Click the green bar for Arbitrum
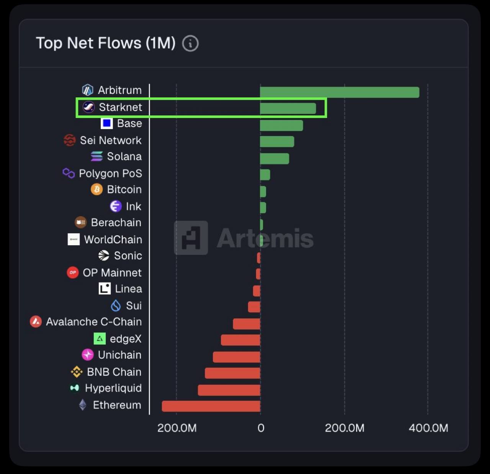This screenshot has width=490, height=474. [x=340, y=92]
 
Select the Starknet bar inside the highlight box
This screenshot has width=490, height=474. [x=288, y=108]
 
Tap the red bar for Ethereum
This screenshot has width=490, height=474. [x=211, y=406]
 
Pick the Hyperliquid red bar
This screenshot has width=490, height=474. [x=229, y=390]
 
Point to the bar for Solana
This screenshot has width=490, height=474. [x=274, y=159]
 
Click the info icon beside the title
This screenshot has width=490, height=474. [x=190, y=43]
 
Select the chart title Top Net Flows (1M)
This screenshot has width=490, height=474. [x=106, y=43]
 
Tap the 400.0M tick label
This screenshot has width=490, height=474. [x=428, y=428]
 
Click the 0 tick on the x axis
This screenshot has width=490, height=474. [x=261, y=428]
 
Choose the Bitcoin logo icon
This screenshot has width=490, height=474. [x=96, y=189]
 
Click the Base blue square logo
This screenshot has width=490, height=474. [x=106, y=123]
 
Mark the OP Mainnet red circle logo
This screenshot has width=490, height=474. [x=73, y=272]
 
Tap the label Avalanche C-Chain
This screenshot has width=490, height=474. [x=94, y=322]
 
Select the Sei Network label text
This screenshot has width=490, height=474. [x=111, y=140]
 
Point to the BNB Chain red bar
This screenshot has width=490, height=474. [x=232, y=373]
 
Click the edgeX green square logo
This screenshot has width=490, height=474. [x=100, y=339]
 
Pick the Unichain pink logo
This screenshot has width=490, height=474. [x=88, y=355]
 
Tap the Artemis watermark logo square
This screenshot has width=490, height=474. [x=191, y=238]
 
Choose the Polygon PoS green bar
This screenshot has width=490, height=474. [x=265, y=175]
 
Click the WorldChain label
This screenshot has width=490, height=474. [x=113, y=239]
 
